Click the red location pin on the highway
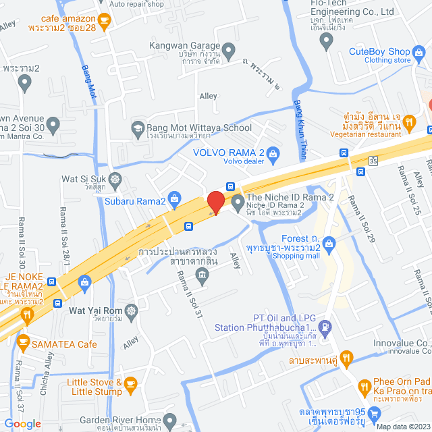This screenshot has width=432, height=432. (x=215, y=202)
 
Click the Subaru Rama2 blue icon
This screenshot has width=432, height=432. (x=174, y=198)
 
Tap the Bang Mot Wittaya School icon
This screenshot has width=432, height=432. (x=138, y=128)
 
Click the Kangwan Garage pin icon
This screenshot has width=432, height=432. (x=229, y=49)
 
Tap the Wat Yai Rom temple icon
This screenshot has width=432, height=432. (x=130, y=311)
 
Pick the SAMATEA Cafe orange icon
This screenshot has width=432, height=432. (x=23, y=341)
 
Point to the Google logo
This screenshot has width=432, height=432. (x=22, y=423)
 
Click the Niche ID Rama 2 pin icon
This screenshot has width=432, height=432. (x=237, y=201)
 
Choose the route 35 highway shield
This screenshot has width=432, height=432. (x=373, y=160)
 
